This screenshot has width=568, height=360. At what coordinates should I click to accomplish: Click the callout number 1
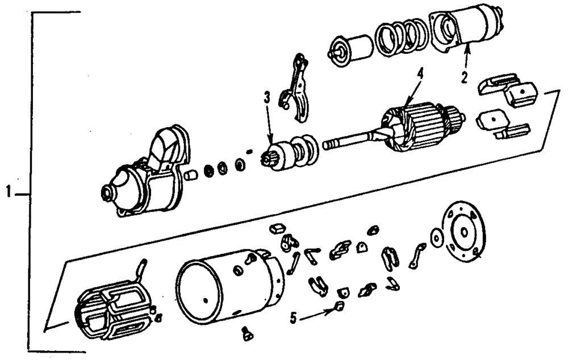(x=9, y=193)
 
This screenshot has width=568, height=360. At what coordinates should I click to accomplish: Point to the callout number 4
(x=419, y=73)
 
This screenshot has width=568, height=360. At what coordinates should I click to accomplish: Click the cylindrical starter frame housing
(x=227, y=287)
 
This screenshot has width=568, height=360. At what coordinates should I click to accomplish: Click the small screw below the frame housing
(x=247, y=335)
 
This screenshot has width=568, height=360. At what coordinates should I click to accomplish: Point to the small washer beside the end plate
(x=436, y=237)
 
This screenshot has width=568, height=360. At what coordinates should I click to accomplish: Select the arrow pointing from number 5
(x=316, y=314)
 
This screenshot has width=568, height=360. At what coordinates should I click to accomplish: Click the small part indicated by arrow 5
(x=339, y=307)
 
